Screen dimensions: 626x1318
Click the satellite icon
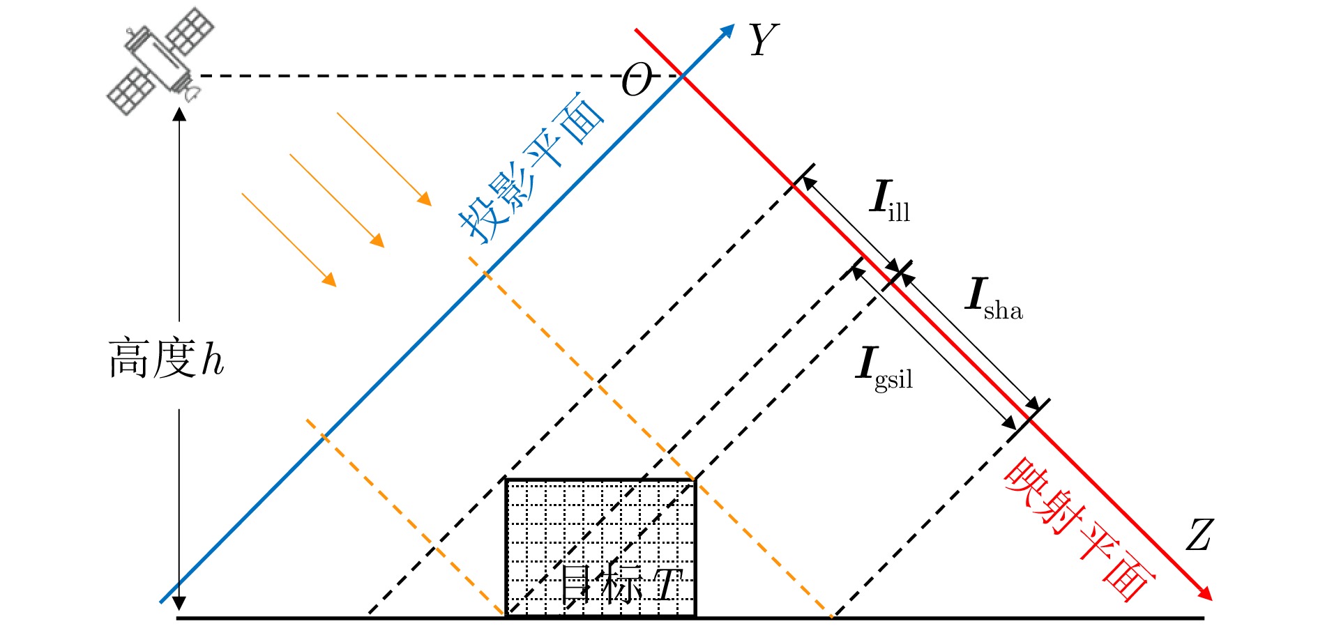[160, 61]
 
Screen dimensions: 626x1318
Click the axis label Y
[763, 40]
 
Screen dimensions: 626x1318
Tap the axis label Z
[1199, 535]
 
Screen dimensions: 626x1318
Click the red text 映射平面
[1077, 530]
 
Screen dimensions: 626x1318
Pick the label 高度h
[166, 360]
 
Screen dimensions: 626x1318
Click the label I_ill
[891, 201]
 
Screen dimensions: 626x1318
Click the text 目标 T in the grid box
[621, 584]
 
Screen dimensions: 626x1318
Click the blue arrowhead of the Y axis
[728, 31]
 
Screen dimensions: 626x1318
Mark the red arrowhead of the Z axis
[1206, 593]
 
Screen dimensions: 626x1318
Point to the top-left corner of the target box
[506, 480]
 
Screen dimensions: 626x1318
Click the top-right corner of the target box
[695, 480]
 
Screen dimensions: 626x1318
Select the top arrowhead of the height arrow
[179, 114]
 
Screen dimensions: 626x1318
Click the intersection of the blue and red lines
[682, 75]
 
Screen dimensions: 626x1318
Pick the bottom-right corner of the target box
[695, 616]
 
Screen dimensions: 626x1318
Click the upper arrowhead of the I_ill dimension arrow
[808, 183]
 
